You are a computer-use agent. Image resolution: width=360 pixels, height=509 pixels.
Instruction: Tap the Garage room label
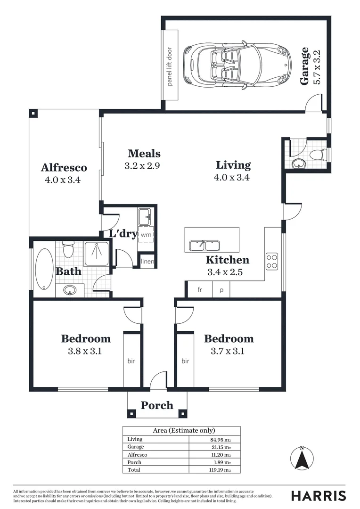[x=305, y=66]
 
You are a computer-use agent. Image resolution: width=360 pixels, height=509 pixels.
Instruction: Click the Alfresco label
[x=64, y=167]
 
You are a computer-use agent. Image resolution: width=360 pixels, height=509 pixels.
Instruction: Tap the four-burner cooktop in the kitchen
[x=272, y=261]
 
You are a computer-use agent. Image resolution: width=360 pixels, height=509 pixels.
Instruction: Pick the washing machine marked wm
[x=146, y=234]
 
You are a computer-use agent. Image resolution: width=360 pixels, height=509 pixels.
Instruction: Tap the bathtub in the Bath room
[x=45, y=270]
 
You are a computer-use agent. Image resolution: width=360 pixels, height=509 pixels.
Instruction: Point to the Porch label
[x=157, y=405]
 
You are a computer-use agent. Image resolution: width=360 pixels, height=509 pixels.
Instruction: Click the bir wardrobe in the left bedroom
[x=131, y=361]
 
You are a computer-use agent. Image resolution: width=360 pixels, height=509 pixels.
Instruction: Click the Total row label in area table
[x=134, y=470]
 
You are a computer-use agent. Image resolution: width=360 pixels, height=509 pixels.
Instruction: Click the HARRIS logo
[x=318, y=495]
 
